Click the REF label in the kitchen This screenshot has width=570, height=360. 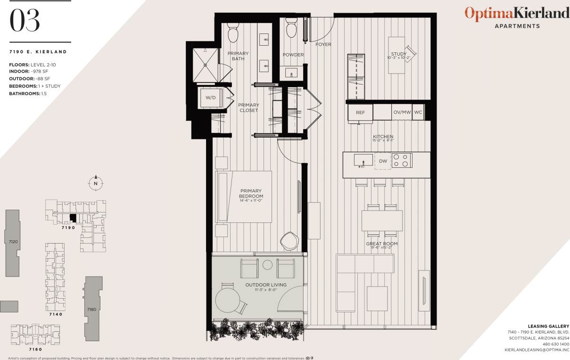pos(360,113)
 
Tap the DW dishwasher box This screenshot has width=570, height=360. pos(383,161)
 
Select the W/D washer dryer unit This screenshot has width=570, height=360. pos(210,98)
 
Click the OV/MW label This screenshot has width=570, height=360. pos(402,113)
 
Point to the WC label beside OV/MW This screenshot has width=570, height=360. pos(418,113)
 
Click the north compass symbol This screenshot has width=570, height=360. pos(96,183)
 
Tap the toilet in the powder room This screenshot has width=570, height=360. pos(291,28)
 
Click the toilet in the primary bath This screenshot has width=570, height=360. pos(233,32)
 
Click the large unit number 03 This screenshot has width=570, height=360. pos(25,22)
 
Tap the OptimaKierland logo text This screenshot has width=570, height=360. pos(517,13)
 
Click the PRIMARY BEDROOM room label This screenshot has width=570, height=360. pos(250,194)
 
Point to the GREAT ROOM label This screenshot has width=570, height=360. pos(382,244)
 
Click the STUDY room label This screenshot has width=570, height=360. pos(398,54)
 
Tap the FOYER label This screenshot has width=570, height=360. pos(323,45)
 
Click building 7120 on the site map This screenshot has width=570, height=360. pos(13,243)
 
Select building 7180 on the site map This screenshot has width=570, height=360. pos(91,309)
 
